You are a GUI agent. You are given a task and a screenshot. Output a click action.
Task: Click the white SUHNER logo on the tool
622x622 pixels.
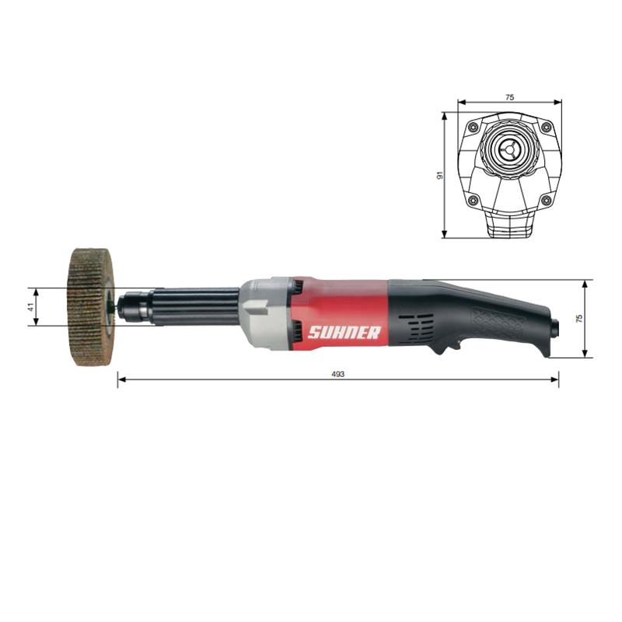click(344, 333)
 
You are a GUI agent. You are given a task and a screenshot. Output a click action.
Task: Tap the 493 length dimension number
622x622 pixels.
click(337, 374)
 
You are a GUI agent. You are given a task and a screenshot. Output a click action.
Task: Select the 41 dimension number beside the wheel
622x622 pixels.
click(30, 307)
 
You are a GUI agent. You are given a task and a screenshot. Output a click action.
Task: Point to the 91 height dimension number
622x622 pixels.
click(439, 176)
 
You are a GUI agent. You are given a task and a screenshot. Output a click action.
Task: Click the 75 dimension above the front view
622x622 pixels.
click(510, 96)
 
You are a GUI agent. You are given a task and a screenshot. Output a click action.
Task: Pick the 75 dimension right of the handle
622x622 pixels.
click(578, 318)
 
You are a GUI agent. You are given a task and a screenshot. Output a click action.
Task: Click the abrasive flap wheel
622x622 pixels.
click(90, 307)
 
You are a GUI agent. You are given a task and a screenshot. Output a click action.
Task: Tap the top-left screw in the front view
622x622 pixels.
click(473, 127)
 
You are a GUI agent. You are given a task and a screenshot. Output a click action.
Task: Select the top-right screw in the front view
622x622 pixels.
click(547, 127)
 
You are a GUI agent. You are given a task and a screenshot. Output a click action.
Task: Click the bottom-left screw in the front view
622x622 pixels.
click(473, 200)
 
